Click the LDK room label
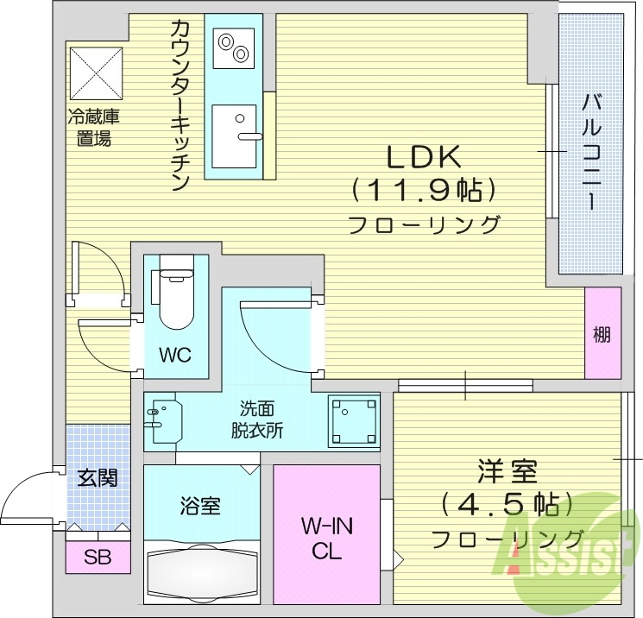coord(425,156)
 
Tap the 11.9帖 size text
coord(425,189)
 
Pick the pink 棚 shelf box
coord(602,333)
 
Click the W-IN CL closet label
coord(327,538)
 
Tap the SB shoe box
coord(97,557)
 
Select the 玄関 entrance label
coord(97,477)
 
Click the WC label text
coord(175,355)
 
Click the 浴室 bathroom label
coord(200,506)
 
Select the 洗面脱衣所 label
coord(256,419)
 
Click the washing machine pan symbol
coord(354,421)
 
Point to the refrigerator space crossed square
coord(97,73)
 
